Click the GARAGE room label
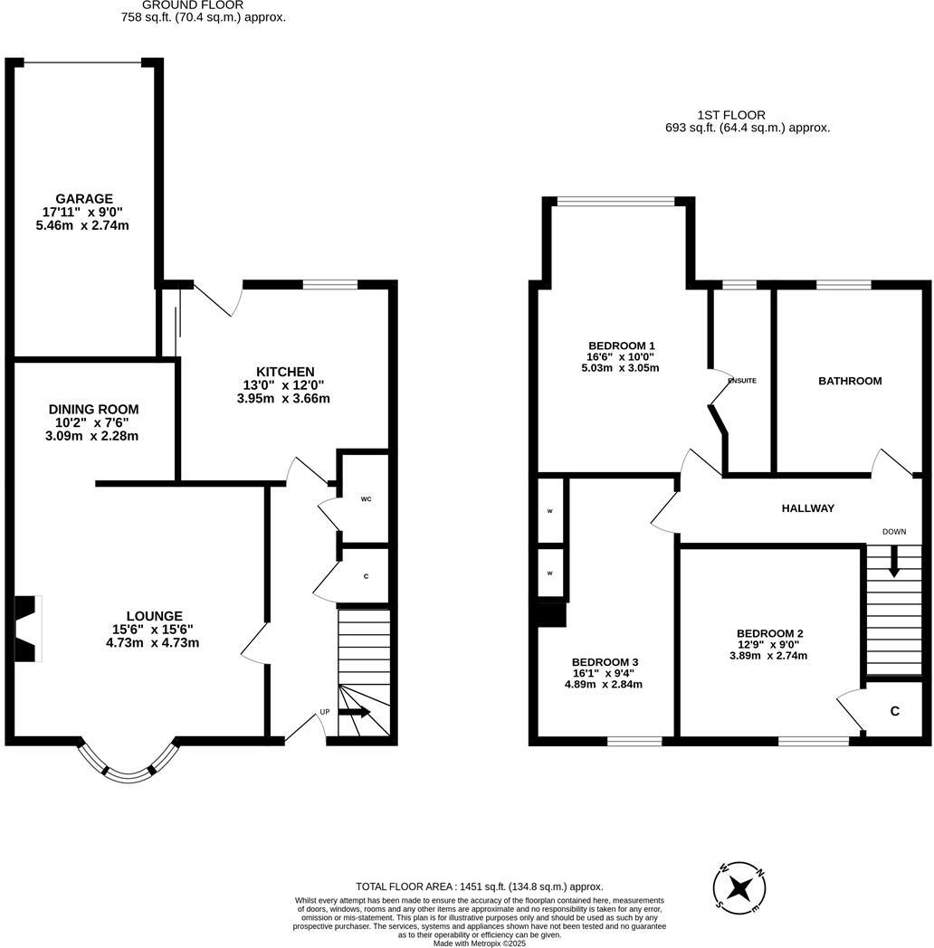84,199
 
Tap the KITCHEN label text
285,372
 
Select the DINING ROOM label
93,410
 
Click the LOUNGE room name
154,616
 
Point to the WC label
366,499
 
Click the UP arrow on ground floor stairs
355,712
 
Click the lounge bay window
127,765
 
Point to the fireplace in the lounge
28,629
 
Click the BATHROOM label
849,381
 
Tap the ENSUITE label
742,381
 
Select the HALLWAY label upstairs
807,508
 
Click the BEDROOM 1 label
621,346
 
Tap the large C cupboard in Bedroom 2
894,711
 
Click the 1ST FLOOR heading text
730,115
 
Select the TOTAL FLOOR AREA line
479,887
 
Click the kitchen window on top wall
329,285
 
